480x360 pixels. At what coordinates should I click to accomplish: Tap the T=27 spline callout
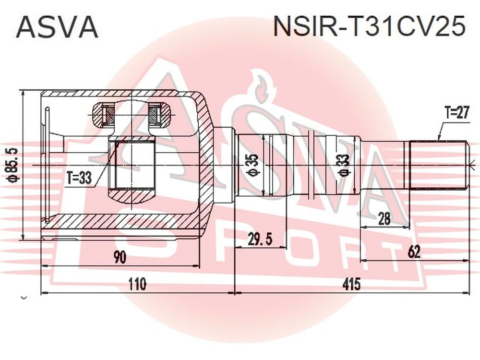point(457,113)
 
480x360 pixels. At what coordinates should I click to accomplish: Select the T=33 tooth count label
point(79,178)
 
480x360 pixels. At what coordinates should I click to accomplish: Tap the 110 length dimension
point(136,285)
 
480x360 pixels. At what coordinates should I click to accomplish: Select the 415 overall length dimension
point(351,285)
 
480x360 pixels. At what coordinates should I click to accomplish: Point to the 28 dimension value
point(384,219)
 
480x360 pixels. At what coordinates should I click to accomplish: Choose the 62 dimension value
point(414,252)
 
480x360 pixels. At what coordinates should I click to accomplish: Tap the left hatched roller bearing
point(104,115)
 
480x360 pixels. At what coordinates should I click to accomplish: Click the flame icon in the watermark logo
point(261,87)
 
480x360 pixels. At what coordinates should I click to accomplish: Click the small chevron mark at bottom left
point(24,297)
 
